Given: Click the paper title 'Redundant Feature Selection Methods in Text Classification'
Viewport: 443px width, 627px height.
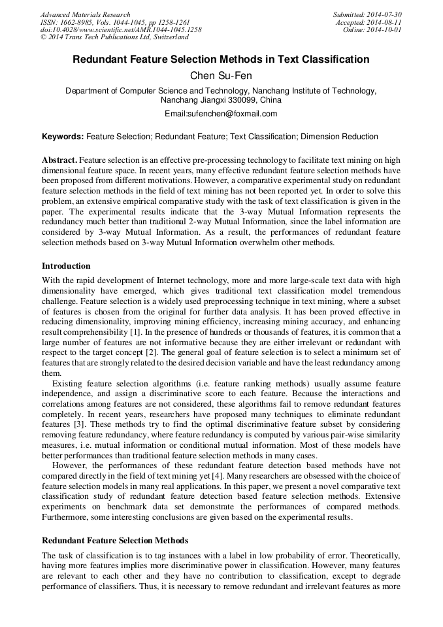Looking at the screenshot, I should [221, 59].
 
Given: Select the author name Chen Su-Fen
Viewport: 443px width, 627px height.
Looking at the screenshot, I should [221, 76].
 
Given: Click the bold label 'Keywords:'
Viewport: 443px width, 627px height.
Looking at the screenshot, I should [63, 137].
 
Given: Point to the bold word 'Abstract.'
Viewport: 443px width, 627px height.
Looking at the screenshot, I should [59, 160].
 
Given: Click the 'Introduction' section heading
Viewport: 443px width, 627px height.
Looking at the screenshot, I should [66, 266].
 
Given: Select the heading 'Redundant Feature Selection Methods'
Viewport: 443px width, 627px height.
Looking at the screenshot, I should [115, 541].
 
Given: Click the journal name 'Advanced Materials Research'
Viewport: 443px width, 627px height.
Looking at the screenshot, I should [85, 14].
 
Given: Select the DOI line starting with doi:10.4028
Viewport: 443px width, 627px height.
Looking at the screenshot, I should [120, 30].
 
